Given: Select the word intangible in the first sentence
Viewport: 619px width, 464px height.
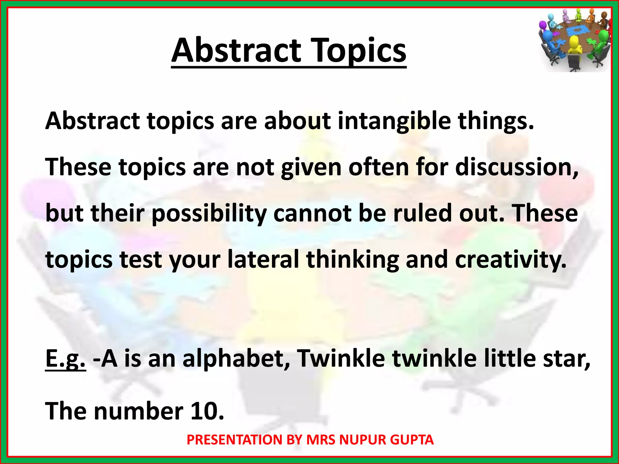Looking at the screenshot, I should click(x=394, y=121).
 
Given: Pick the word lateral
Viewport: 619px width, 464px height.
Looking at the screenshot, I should click(x=263, y=259).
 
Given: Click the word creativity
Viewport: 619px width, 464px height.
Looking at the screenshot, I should click(x=510, y=260).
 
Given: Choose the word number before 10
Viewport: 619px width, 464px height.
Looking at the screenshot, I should click(x=139, y=411).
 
